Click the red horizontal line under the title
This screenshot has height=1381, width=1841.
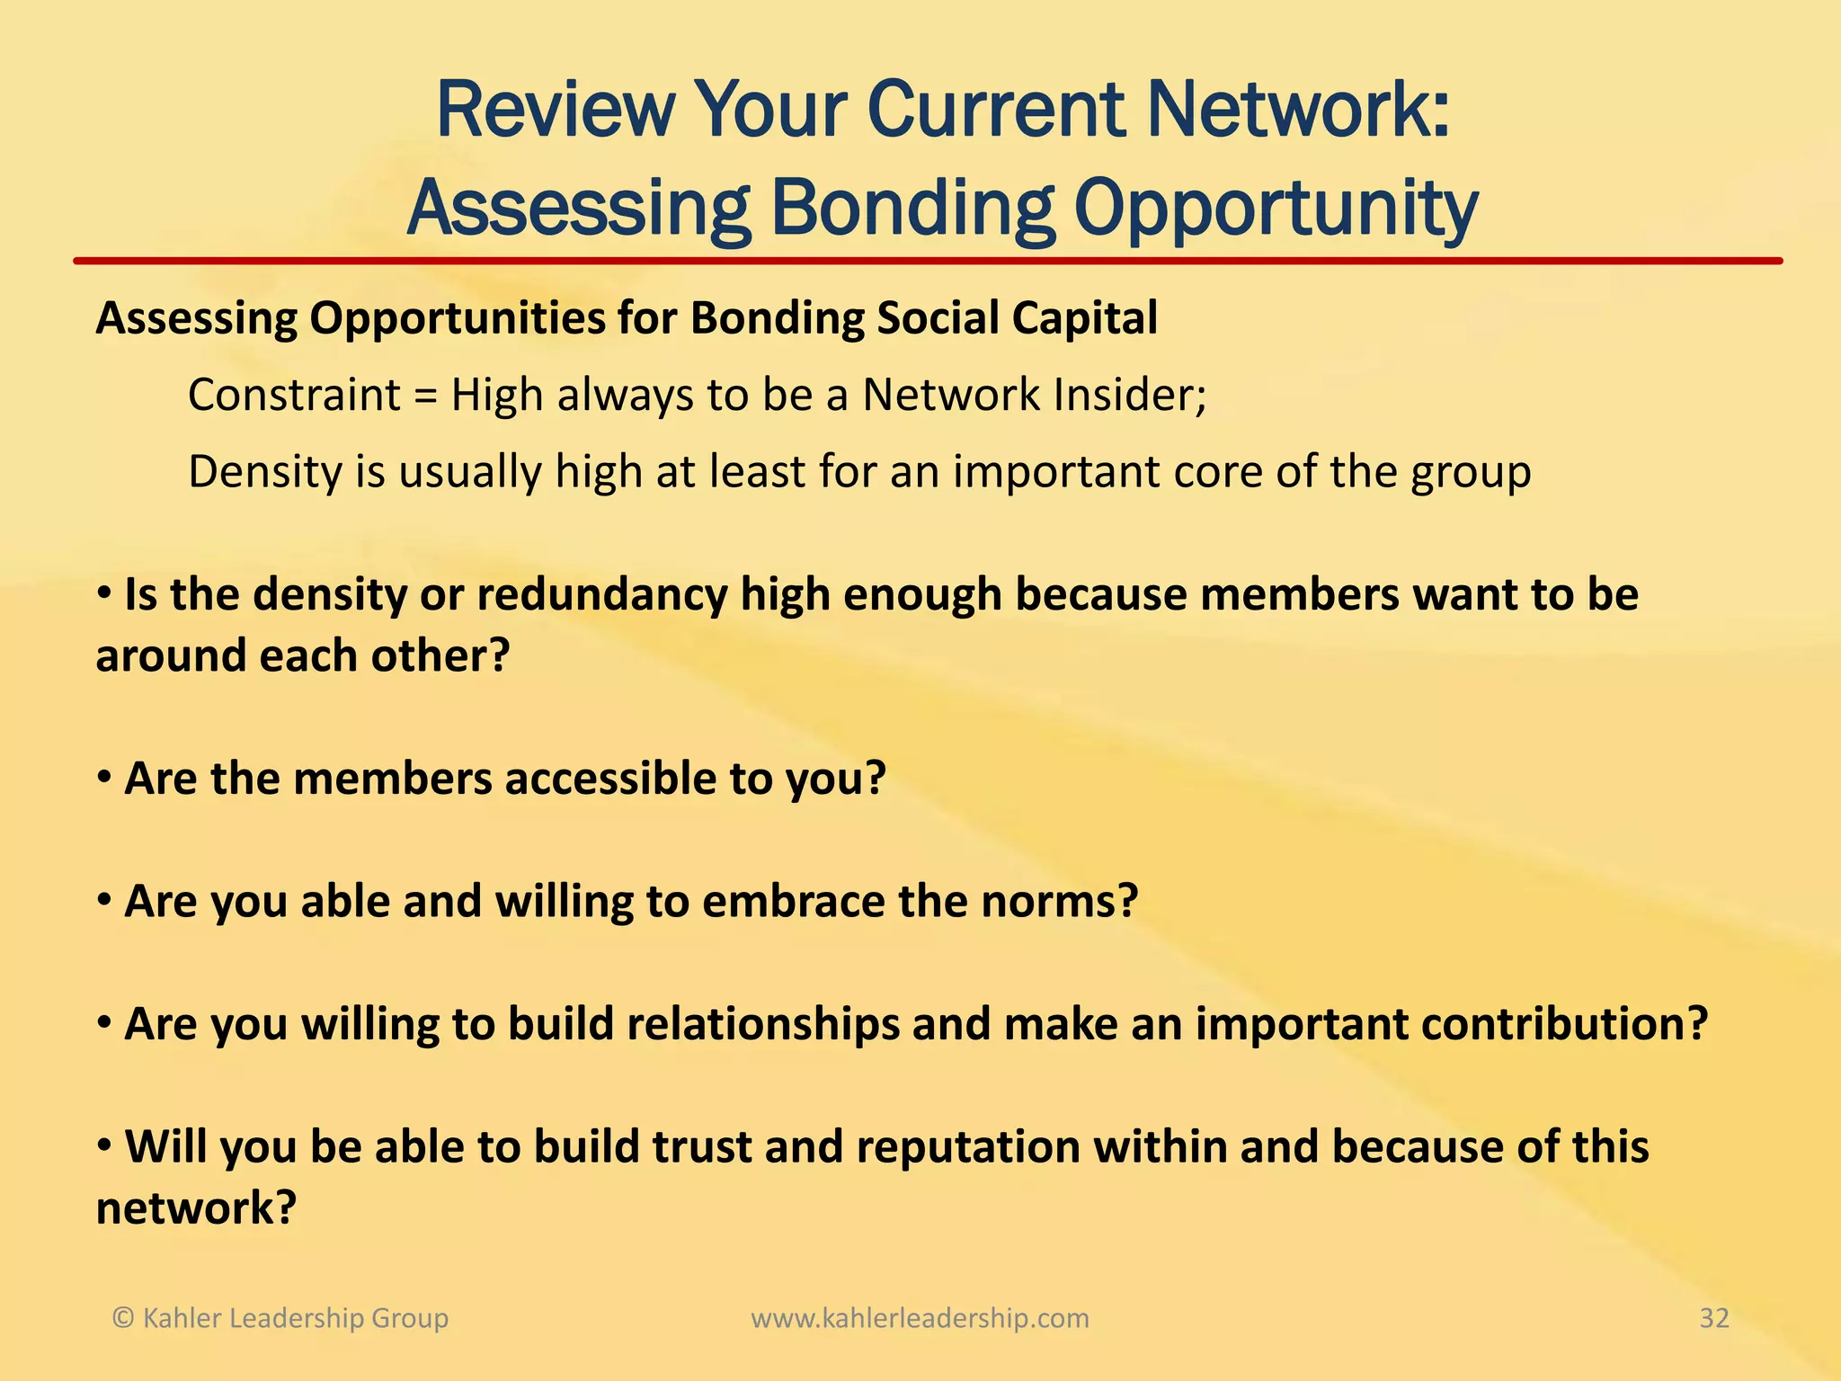tap(926, 262)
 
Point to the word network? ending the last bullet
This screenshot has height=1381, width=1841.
tap(196, 1208)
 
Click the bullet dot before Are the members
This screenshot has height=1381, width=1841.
tap(104, 776)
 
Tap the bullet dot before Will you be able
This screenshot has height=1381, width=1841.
tap(104, 1145)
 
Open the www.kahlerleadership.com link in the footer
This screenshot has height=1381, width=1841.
tap(920, 1319)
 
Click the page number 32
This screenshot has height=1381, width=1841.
tap(1713, 1318)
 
